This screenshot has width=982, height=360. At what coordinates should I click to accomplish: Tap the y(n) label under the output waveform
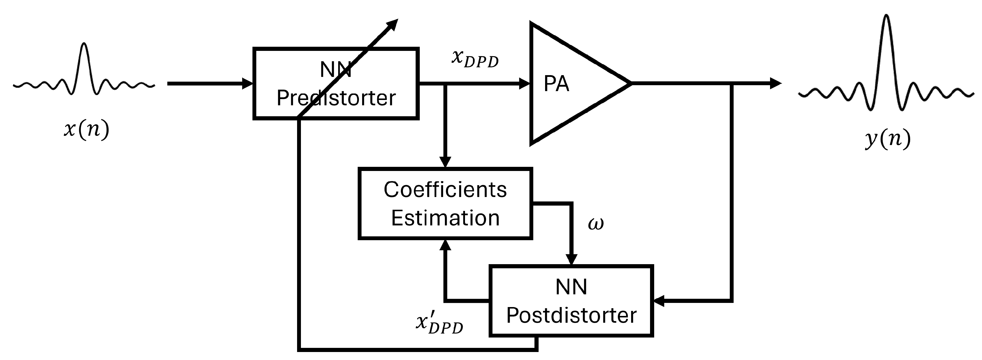tap(888, 140)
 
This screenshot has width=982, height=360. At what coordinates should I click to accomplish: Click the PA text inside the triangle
tap(556, 84)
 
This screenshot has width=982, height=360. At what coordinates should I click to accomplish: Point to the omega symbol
tap(595, 224)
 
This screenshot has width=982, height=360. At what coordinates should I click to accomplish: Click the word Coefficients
tap(445, 190)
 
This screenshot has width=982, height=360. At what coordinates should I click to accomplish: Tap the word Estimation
tap(445, 218)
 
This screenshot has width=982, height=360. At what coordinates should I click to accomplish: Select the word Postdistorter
tap(571, 315)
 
